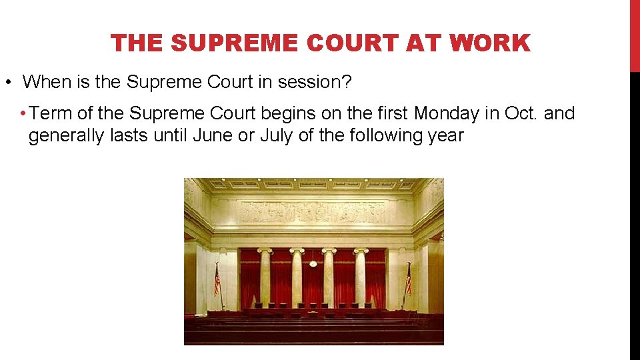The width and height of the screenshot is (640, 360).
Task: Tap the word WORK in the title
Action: click(x=490, y=43)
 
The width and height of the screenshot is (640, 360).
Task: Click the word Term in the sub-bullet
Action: click(x=51, y=114)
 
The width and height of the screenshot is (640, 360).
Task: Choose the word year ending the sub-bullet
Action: click(x=445, y=135)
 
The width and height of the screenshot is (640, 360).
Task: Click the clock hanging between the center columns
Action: click(x=313, y=263)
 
